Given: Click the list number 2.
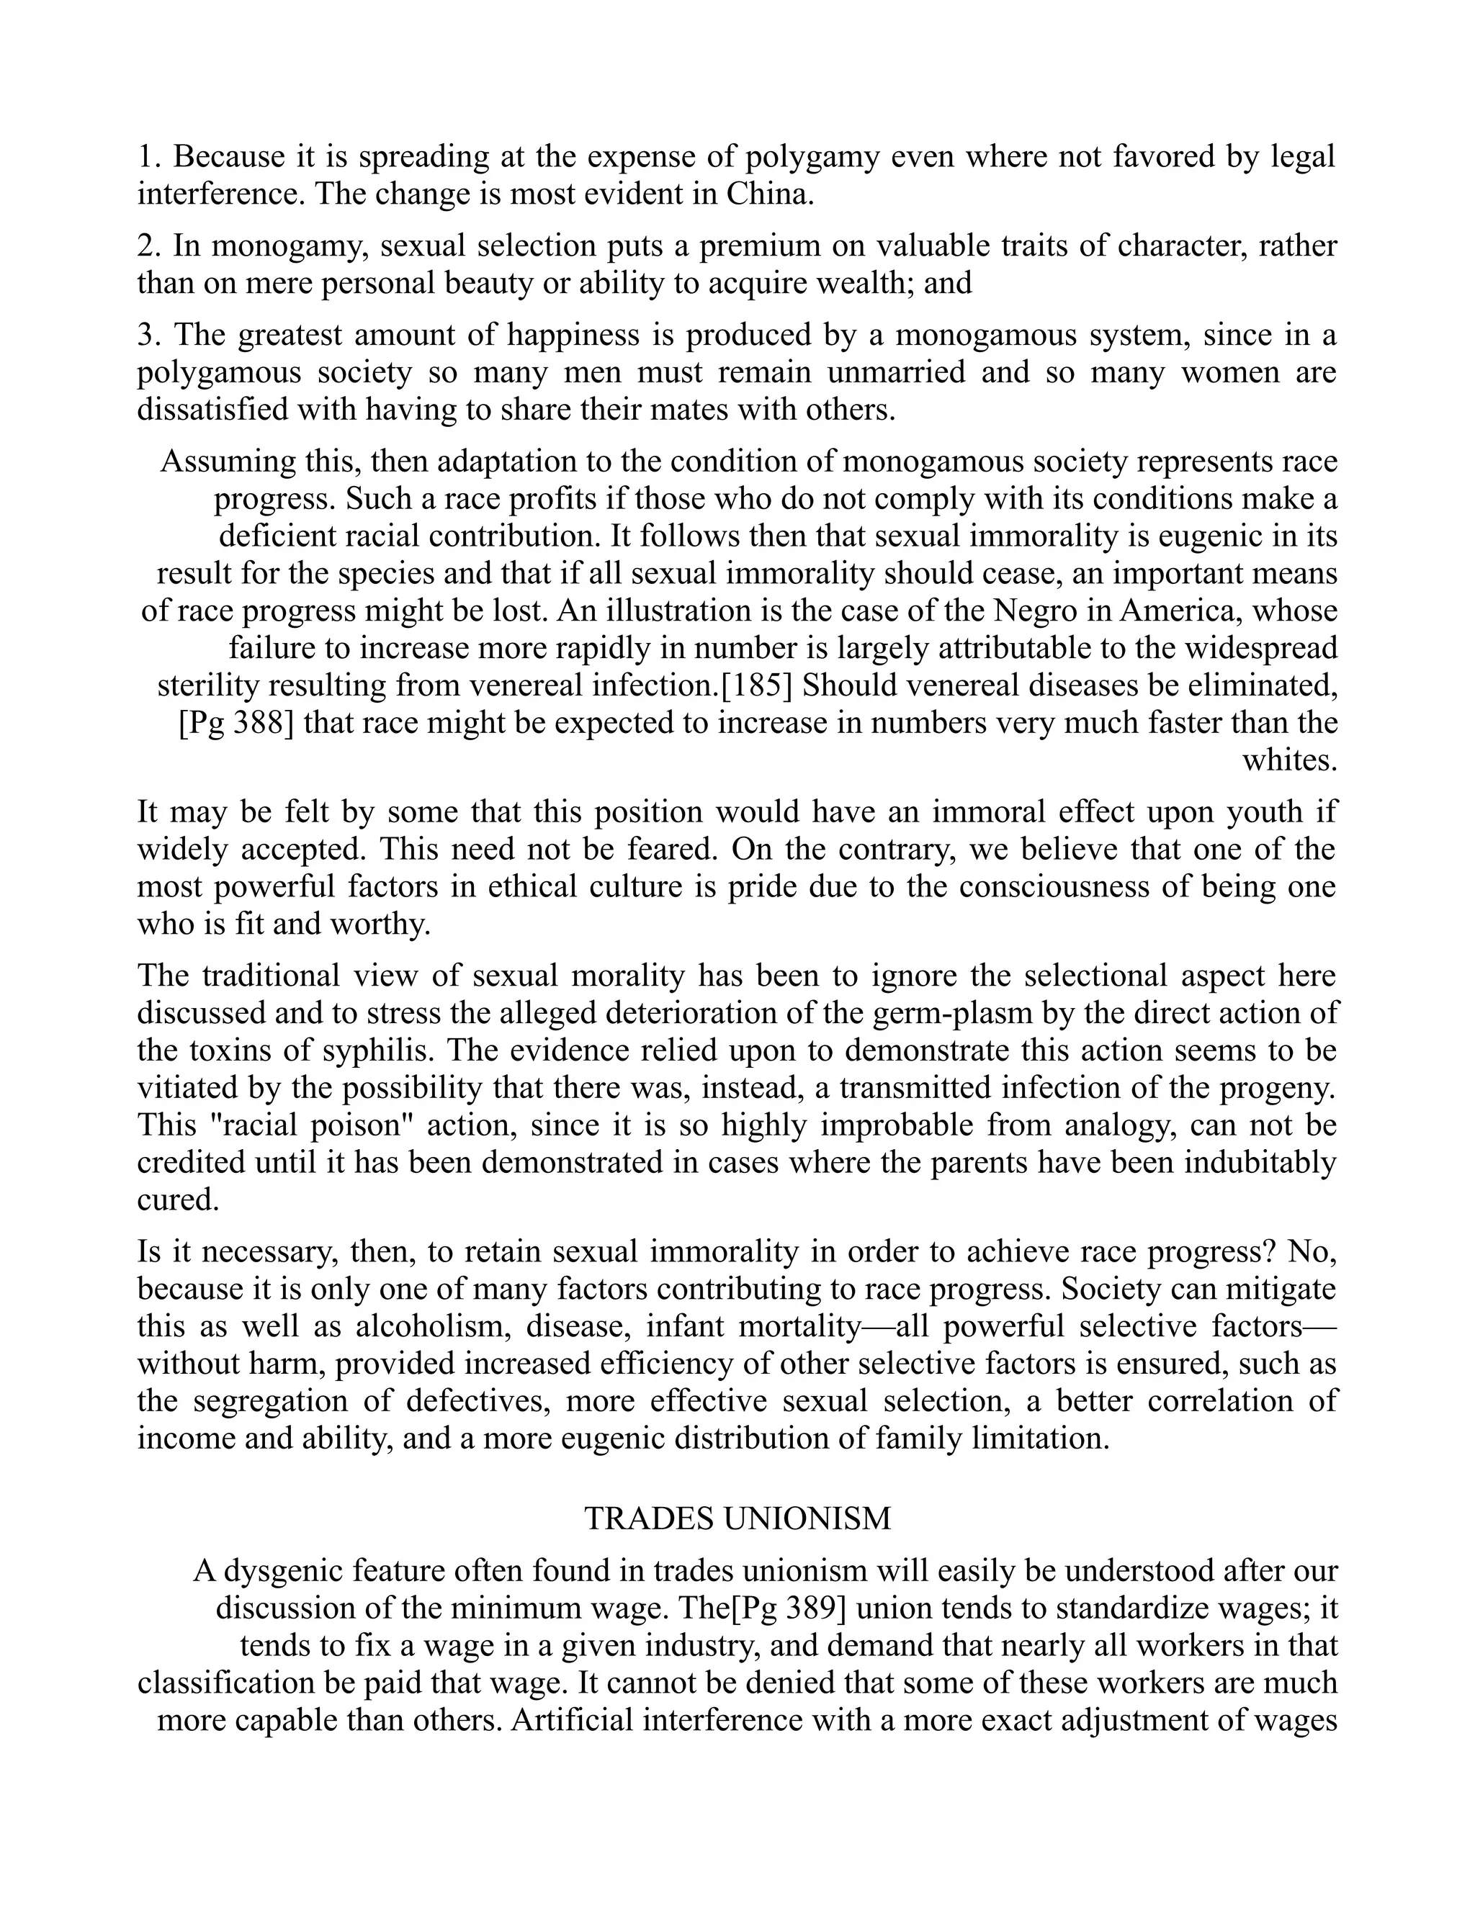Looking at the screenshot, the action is click(x=148, y=246).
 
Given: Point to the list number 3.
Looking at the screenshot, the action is click(x=148, y=335).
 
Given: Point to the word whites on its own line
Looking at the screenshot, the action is click(x=1290, y=761).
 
